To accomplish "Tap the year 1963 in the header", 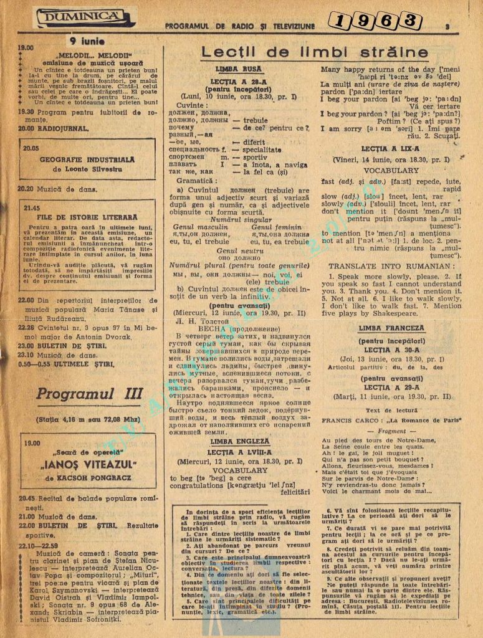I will click(373, 21).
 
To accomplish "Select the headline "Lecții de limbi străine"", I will click(314, 52).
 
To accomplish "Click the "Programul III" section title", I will click(90, 394).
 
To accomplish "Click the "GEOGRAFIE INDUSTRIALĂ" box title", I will click(88, 159).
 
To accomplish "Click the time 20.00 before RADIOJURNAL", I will click(26, 128).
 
